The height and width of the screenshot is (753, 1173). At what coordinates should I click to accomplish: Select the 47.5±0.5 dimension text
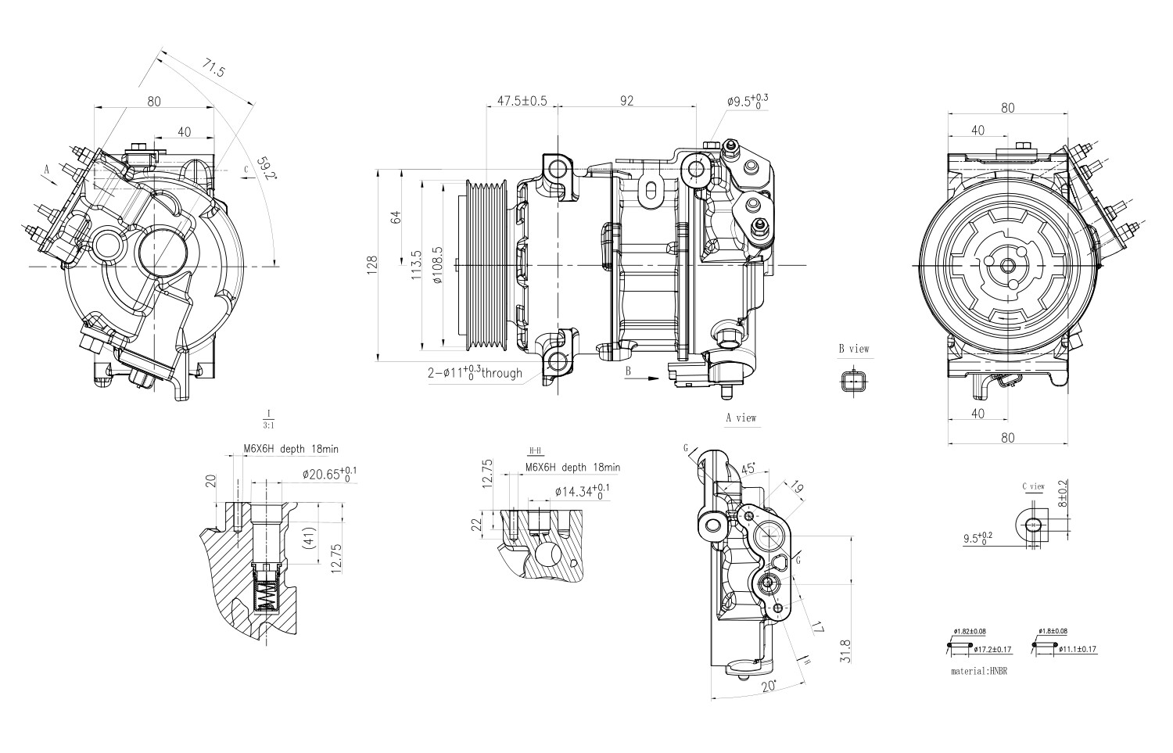pos(522,101)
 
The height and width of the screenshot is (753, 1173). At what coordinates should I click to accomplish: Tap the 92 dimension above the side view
pos(626,101)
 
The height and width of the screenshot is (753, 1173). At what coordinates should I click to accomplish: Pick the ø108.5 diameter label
pos(437,265)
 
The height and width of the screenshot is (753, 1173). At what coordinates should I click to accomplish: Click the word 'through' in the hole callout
pos(501,373)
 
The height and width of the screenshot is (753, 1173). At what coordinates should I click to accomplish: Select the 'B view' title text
pos(854,349)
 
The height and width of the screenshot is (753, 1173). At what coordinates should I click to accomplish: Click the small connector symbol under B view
pos(853,381)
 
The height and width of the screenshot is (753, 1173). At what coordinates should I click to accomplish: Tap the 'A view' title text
pos(741,418)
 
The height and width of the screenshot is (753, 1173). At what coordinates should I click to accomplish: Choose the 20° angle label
pos(769,686)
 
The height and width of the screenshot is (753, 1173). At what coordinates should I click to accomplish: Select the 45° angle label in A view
pos(748,469)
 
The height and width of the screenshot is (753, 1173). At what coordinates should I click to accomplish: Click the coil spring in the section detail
pos(267,597)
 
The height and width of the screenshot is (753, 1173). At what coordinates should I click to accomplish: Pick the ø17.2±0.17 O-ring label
pos(992,649)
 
